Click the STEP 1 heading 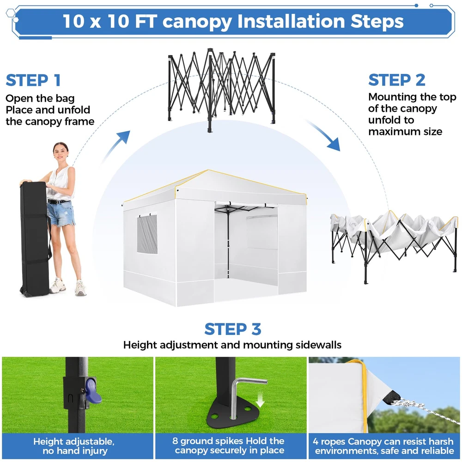pyautogui.click(x=33, y=80)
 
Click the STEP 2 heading pyautogui.click(x=396, y=80)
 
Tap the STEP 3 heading pyautogui.click(x=233, y=329)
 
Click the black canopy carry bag pyautogui.click(x=35, y=239)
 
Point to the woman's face pyautogui.click(x=61, y=153)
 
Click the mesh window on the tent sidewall pyautogui.click(x=147, y=234)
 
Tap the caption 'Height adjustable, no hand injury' pyautogui.click(x=73, y=446)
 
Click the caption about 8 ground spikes pyautogui.click(x=229, y=445)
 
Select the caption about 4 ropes pyautogui.click(x=383, y=446)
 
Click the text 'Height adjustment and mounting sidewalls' pyautogui.click(x=232, y=345)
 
